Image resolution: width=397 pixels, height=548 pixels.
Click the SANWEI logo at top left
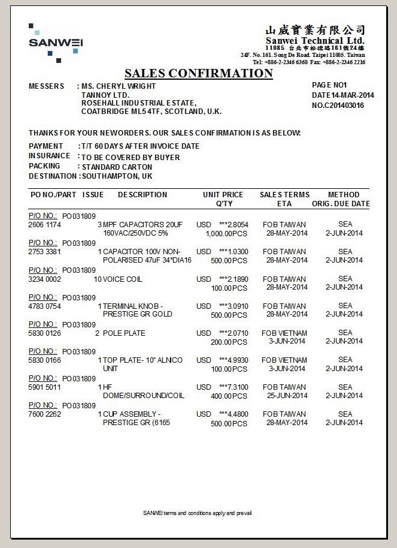[55, 43]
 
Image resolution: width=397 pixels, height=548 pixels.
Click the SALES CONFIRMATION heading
[198, 74]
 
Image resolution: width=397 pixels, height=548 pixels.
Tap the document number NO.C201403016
[338, 106]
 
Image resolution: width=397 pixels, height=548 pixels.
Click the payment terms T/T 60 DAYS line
[140, 146]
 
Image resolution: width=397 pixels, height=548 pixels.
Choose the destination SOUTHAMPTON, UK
[117, 176]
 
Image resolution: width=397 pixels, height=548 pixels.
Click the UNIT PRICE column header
[223, 195]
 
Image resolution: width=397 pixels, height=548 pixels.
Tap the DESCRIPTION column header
[143, 195]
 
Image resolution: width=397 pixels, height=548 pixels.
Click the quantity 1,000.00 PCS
[226, 234]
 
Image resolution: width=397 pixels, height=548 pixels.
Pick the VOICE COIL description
[123, 279]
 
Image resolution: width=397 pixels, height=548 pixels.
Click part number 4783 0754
[45, 306]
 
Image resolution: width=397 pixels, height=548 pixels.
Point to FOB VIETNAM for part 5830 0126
[284, 333]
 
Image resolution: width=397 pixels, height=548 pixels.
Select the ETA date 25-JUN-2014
[287, 396]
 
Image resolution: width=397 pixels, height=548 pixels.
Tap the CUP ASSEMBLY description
[132, 414]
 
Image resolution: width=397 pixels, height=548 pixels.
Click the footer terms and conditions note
[198, 513]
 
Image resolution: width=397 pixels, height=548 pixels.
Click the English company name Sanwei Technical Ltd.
[315, 40]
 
